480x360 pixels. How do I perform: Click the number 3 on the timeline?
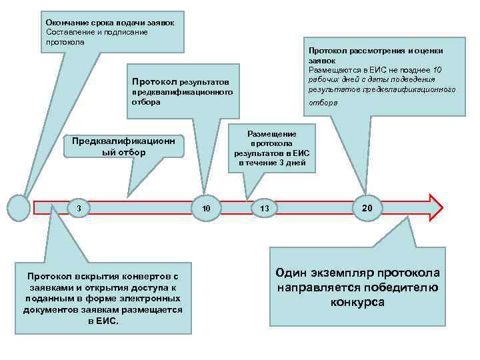(79, 209)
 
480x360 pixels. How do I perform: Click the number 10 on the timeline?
(207, 209)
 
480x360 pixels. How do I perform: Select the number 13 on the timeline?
(264, 209)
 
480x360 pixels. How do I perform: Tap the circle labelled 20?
(367, 208)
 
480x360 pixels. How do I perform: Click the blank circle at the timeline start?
(19, 208)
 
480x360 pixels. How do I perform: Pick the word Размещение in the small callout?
(272, 133)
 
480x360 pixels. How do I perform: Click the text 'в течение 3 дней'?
(272, 162)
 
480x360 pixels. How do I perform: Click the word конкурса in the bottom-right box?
(357, 302)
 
